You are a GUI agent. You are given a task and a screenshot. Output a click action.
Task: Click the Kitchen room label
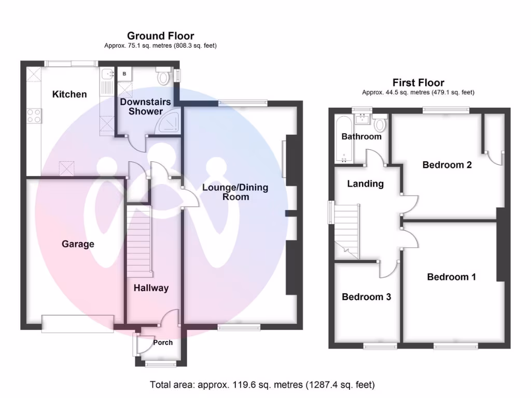(69, 94)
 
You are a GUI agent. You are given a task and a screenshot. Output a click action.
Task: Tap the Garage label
(78, 244)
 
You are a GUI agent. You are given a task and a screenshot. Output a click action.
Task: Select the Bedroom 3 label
(366, 297)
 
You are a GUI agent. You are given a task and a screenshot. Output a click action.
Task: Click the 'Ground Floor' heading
(160, 36)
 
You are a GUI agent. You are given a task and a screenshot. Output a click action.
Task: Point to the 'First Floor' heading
(418, 82)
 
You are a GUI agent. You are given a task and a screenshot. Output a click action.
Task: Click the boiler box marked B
(124, 74)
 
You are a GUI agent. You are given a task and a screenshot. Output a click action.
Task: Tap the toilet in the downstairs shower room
(164, 77)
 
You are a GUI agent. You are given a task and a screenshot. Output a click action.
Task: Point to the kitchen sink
(107, 78)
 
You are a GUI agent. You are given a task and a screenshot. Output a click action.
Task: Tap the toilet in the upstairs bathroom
(380, 123)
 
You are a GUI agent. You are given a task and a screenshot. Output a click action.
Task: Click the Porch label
(163, 343)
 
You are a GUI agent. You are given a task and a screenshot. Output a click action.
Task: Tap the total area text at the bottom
(262, 385)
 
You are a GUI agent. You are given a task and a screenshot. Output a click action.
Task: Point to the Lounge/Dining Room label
(235, 192)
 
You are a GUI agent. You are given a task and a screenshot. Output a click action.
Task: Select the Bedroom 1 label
(451, 277)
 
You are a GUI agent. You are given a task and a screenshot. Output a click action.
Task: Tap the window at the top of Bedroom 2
(446, 109)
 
